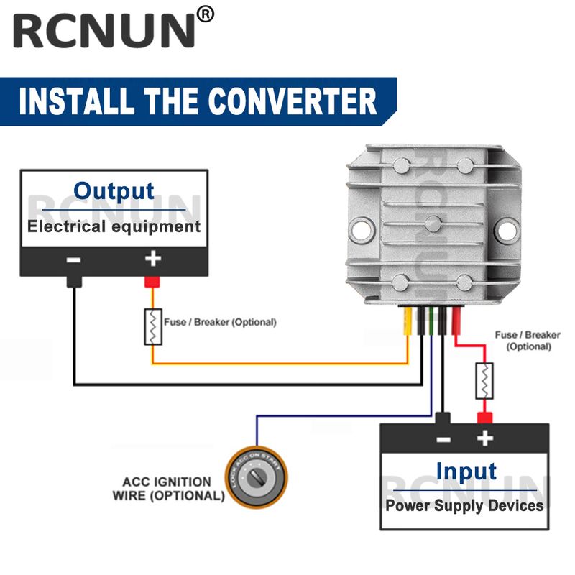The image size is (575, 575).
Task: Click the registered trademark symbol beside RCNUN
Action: click(206, 14)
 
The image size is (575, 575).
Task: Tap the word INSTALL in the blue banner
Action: click(73, 101)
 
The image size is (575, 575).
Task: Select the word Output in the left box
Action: click(114, 191)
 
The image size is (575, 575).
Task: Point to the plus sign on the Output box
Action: click(152, 259)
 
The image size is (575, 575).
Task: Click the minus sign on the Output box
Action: click(73, 259)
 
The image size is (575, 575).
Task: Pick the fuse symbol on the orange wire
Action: click(153, 326)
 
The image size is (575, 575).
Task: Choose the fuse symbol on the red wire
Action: click(485, 381)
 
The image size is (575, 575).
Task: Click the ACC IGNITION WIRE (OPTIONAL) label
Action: click(168, 489)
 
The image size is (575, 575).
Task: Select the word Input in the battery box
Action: click(466, 471)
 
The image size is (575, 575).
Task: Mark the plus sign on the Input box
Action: click(486, 438)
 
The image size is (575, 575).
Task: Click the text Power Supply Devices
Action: click(464, 505)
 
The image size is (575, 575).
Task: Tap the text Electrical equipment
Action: click(114, 226)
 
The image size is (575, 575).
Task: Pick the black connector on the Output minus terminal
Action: click(73, 281)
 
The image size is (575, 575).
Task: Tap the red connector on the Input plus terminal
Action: click(485, 418)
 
